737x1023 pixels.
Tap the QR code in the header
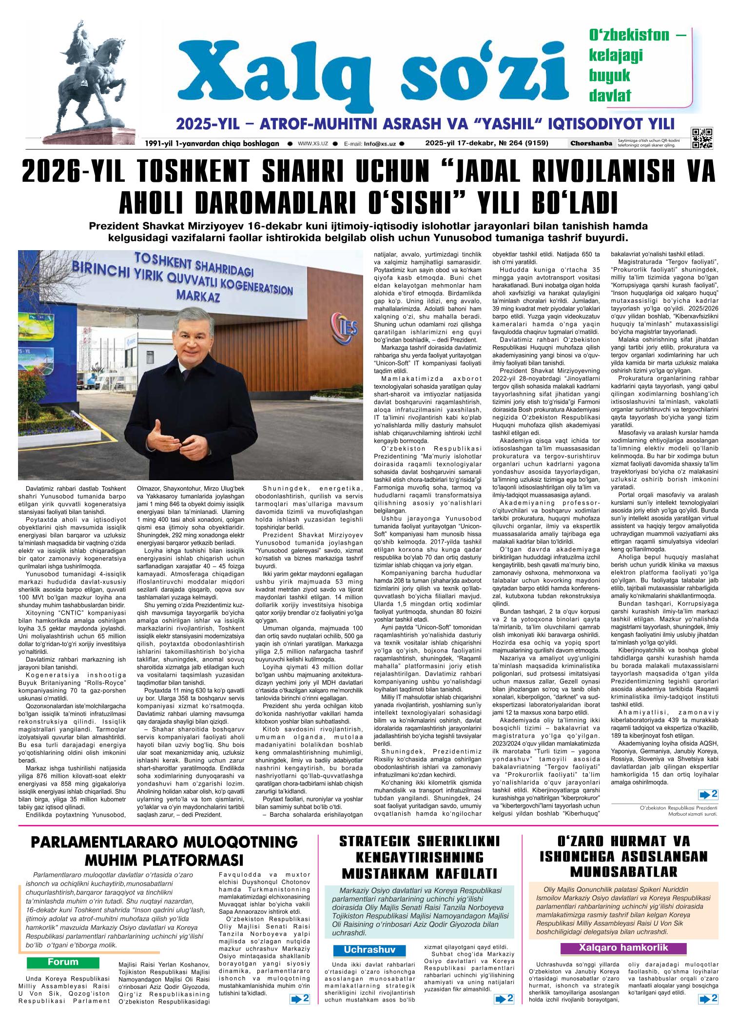point(702,138)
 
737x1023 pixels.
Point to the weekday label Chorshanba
point(591,143)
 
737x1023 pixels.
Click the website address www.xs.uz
point(312,144)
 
